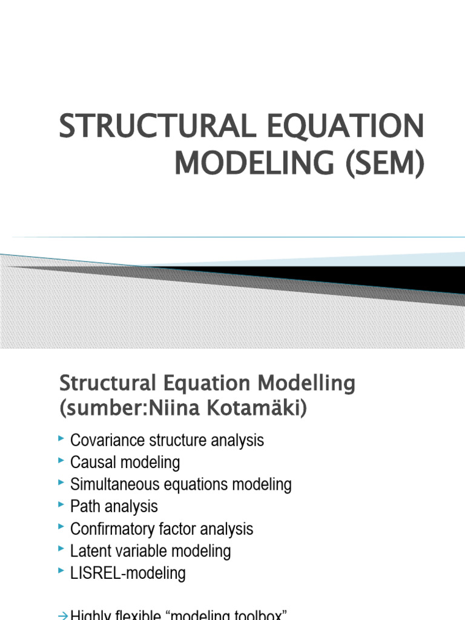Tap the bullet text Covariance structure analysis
[167, 440]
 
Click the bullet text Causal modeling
[125, 463]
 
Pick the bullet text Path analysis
[114, 506]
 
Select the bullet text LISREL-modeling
[128, 573]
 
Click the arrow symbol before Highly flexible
[62, 615]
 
